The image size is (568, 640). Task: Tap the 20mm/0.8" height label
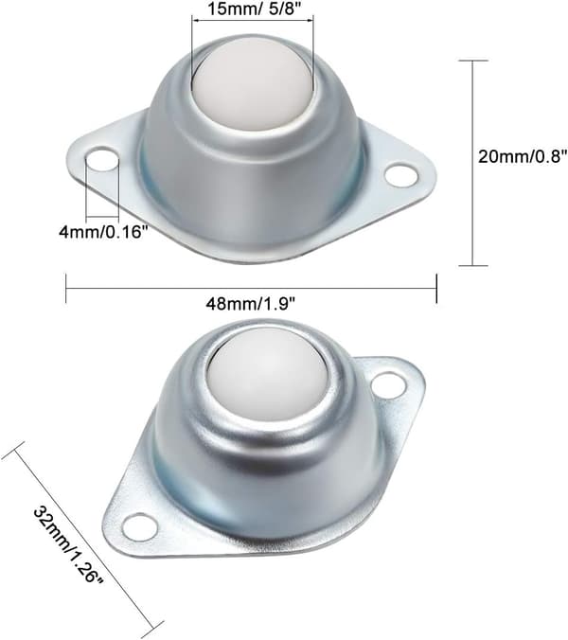[523, 156]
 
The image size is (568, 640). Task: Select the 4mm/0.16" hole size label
[103, 232]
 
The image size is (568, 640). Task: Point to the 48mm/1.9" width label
[250, 304]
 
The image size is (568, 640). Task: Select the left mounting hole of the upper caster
[102, 160]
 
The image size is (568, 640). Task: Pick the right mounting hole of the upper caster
[402, 175]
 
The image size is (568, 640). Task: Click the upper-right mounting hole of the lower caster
[389, 385]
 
